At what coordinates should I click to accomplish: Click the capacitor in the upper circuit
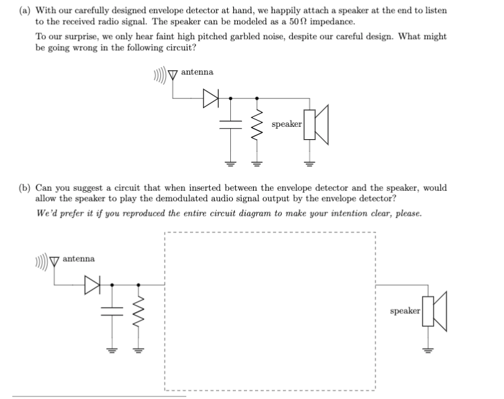click(x=231, y=125)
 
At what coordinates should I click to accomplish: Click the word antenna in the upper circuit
click(x=197, y=72)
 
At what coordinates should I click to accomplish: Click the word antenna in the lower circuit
click(x=79, y=258)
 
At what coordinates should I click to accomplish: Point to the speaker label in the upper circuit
click(x=286, y=124)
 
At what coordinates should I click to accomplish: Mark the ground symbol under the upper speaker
click(x=307, y=164)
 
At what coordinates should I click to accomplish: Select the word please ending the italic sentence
click(x=408, y=214)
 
